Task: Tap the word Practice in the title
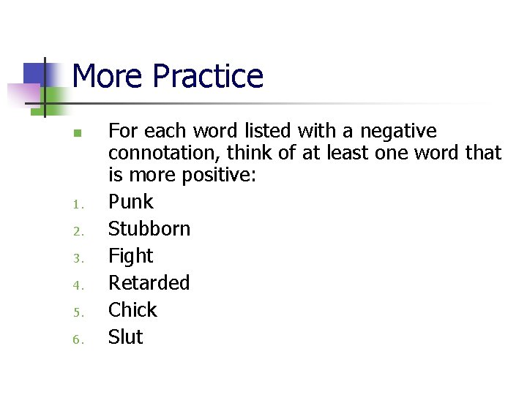[x=208, y=76]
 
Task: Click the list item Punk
[x=131, y=202]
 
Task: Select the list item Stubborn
[x=149, y=229]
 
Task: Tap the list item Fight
[x=131, y=256]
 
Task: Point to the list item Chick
[x=132, y=310]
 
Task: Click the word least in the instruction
[x=325, y=154]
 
